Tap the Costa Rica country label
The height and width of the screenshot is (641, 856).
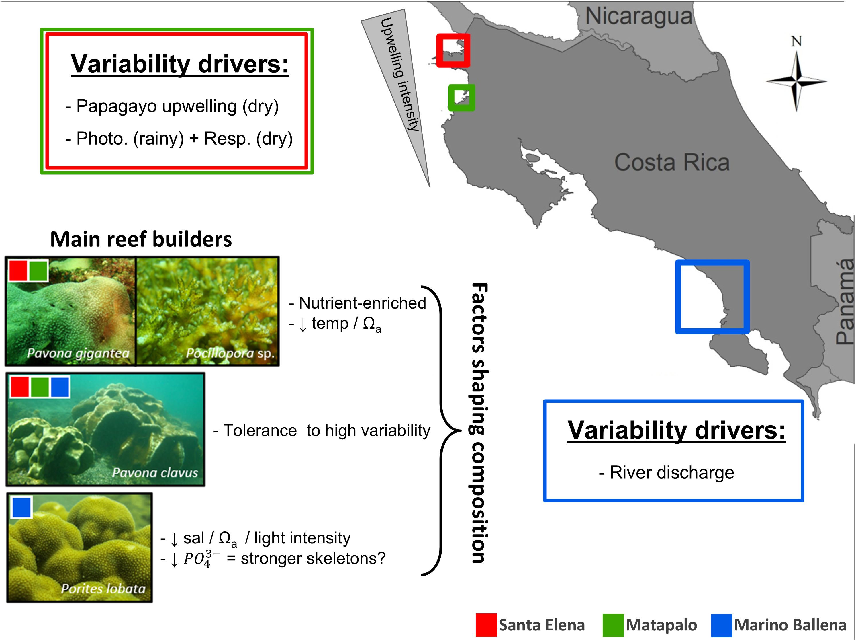click(x=672, y=162)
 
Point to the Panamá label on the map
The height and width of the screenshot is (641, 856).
click(x=844, y=302)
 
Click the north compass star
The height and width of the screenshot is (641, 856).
click(x=796, y=82)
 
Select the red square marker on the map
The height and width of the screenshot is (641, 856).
click(x=453, y=50)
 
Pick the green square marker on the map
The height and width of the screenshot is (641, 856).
click(x=461, y=98)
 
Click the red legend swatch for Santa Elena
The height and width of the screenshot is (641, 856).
click(x=486, y=625)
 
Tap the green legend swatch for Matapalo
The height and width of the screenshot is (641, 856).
click(x=613, y=625)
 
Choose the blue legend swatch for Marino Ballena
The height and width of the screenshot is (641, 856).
click(x=721, y=625)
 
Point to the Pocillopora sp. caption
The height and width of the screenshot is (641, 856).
click(x=230, y=353)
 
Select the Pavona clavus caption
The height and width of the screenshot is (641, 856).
click(x=155, y=473)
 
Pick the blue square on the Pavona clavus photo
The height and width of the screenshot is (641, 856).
click(x=60, y=387)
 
